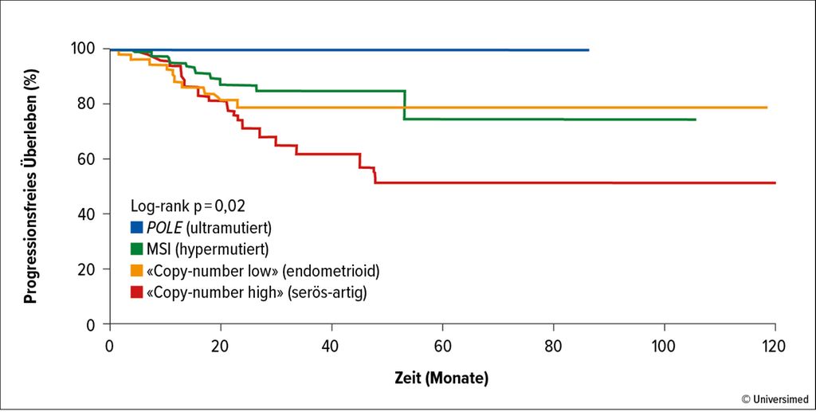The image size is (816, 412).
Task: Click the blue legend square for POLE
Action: (x=136, y=227)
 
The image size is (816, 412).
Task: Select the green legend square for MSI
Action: (x=136, y=249)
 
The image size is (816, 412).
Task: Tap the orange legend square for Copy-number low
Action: (x=136, y=272)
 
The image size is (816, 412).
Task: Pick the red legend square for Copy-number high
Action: (x=136, y=293)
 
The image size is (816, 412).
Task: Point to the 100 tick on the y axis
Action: (x=85, y=49)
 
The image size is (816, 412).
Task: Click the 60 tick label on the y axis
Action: (x=88, y=159)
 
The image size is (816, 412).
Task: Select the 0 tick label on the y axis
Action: (x=92, y=324)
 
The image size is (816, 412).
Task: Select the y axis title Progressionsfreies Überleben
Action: (x=30, y=186)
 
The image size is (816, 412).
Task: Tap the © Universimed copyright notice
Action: (x=775, y=398)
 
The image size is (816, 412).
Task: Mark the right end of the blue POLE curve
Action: (x=588, y=50)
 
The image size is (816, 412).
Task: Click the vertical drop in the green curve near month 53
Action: (x=406, y=105)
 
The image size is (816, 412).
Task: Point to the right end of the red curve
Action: (x=775, y=182)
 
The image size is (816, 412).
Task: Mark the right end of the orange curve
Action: (x=767, y=108)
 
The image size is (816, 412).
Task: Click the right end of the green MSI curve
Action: (x=695, y=120)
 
